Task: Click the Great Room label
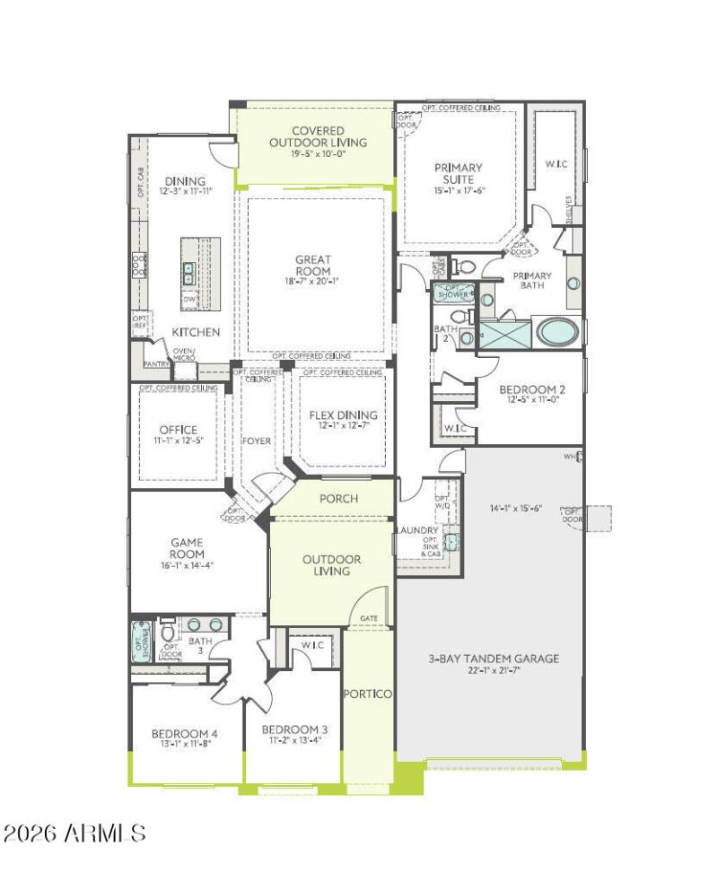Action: click(x=312, y=266)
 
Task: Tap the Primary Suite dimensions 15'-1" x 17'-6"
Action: click(x=459, y=190)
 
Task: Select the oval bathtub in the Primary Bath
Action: click(x=558, y=333)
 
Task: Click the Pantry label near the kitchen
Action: click(x=156, y=364)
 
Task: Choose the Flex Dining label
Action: click(x=343, y=415)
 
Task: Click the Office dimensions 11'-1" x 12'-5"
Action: click(x=178, y=441)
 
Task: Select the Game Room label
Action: click(x=187, y=548)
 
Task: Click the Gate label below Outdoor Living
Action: click(x=369, y=618)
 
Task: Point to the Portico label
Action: click(x=367, y=694)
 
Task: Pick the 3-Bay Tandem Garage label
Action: click(x=493, y=658)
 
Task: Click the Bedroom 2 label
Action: click(x=532, y=388)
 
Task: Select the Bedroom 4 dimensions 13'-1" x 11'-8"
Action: click(x=184, y=744)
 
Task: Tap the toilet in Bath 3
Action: click(x=168, y=631)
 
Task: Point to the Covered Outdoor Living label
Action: click(x=318, y=136)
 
